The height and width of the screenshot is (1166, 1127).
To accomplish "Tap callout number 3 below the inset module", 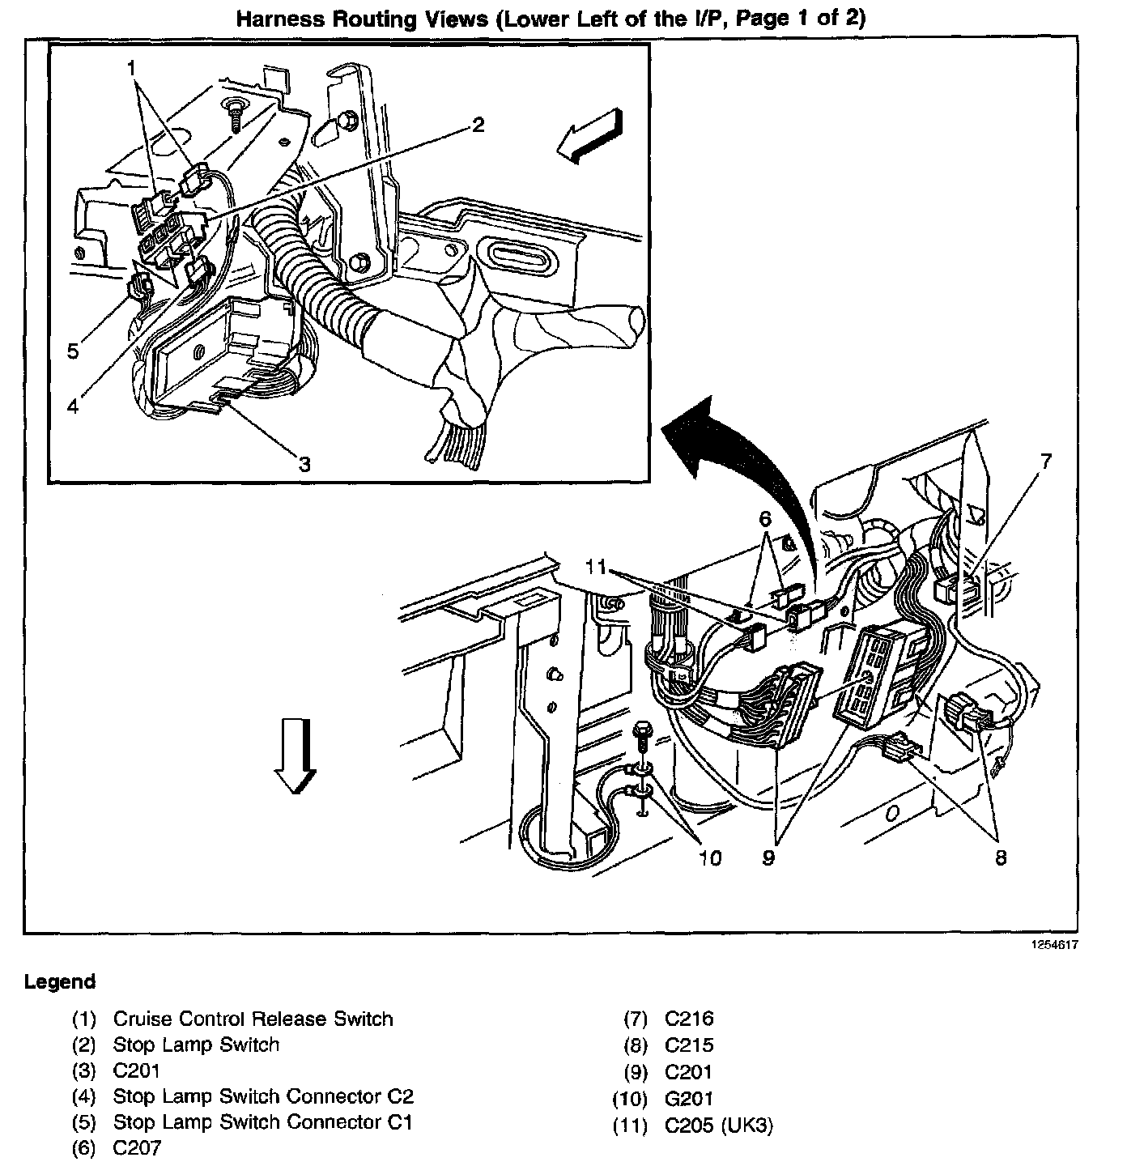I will click(x=304, y=464).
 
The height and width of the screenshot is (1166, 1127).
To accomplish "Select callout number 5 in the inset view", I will click(x=73, y=351).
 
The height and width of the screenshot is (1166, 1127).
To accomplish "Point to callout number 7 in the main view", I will click(x=1045, y=462).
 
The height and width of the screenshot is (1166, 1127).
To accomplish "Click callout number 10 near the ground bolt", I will click(x=709, y=857).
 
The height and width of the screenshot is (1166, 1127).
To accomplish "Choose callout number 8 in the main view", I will click(x=1001, y=857).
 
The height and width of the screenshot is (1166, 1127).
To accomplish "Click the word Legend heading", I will click(x=60, y=982).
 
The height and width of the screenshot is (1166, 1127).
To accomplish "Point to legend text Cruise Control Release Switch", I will click(x=253, y=1019).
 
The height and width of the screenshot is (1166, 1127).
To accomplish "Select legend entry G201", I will click(x=689, y=1099).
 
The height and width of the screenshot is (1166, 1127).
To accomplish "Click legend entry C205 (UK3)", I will click(x=719, y=1126).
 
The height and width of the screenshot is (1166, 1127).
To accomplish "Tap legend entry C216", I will click(x=689, y=1019).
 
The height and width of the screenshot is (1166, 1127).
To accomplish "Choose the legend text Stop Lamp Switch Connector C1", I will click(x=262, y=1122).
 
